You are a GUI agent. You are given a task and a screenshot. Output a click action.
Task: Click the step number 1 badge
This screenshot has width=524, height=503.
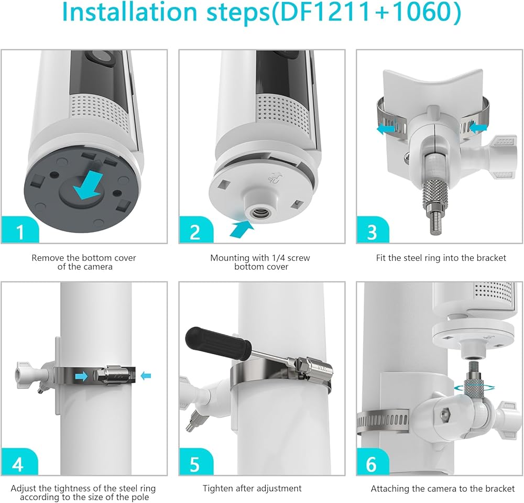tap(20, 229)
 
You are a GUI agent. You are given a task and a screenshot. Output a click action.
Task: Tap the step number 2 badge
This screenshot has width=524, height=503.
tap(196, 229)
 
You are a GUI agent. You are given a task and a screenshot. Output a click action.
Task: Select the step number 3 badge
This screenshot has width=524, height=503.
tap(373, 229)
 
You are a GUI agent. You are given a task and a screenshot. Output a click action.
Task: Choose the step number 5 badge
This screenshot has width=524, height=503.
tap(196, 462)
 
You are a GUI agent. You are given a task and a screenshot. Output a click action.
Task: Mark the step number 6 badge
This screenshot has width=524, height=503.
tap(373, 462)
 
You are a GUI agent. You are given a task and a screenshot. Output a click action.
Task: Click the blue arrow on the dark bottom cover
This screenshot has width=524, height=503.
tap(88, 185)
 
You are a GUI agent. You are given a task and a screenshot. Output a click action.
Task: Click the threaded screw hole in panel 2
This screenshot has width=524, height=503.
tap(257, 212)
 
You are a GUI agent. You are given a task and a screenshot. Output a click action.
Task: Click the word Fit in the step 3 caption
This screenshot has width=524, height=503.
tap(381, 258)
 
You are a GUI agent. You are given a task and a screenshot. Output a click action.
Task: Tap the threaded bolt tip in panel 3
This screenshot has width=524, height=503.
tap(434, 226)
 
